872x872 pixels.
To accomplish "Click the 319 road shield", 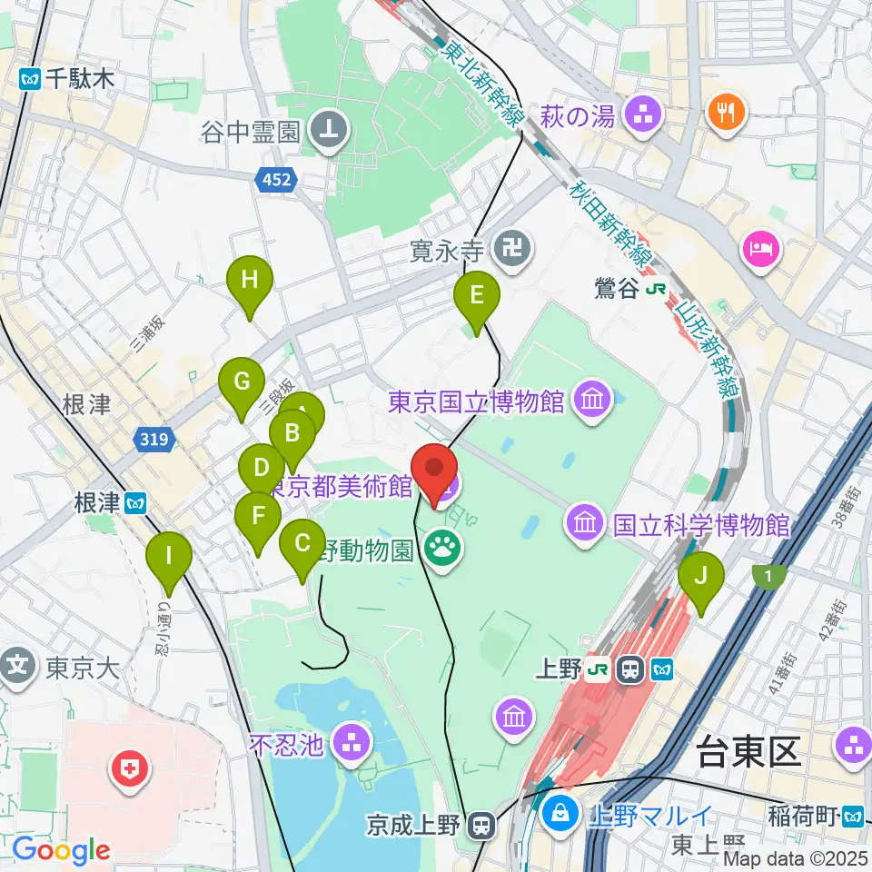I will (155, 441).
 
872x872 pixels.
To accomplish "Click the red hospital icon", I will (129, 771).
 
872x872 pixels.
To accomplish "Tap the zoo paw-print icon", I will (444, 549).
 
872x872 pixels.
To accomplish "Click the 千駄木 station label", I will (68, 80).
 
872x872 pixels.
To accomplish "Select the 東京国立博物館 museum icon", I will (592, 400).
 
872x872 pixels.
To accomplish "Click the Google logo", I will (61, 851).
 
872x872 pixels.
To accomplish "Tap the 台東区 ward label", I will (748, 753).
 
